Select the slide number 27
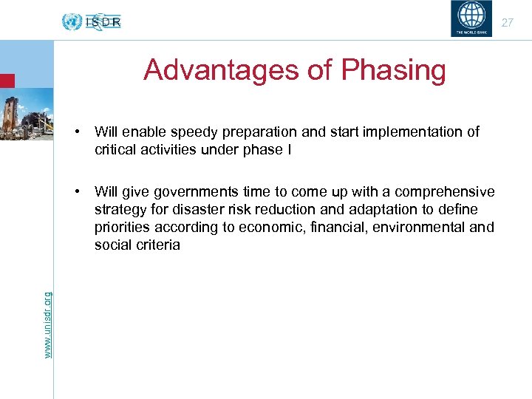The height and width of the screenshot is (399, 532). pyautogui.click(x=507, y=23)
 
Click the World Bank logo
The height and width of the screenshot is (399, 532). pyautogui.click(x=470, y=18)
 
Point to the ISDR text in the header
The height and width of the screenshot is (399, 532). pyautogui.click(x=103, y=22)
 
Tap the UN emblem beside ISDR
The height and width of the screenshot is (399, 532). pyautogui.click(x=72, y=22)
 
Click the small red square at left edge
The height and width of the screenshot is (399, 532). pyautogui.click(x=7, y=81)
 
